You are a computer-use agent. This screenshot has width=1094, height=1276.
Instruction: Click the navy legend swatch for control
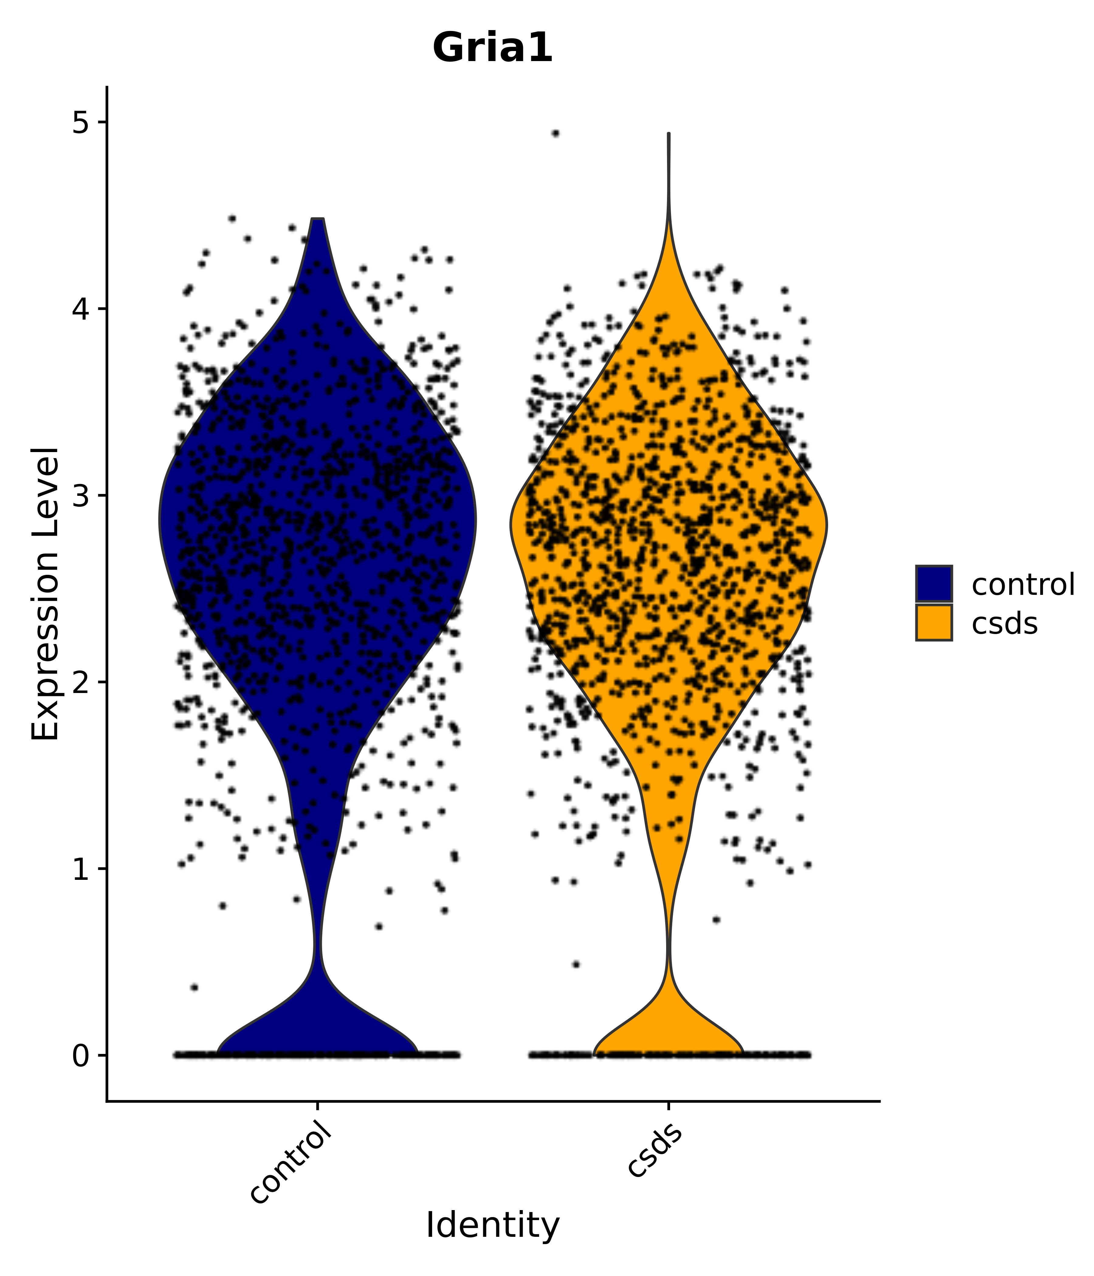933,583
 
